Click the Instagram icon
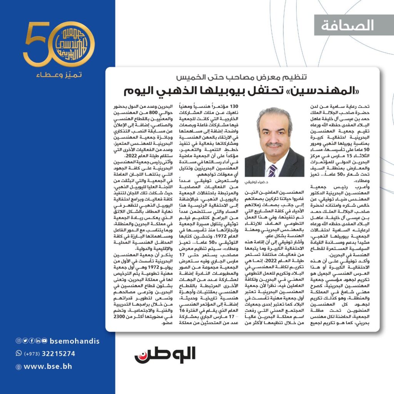18,341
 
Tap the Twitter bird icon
24,341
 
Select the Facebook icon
30,341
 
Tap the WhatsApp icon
18,353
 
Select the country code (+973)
33,354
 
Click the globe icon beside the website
18,367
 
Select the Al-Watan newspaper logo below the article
165,355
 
